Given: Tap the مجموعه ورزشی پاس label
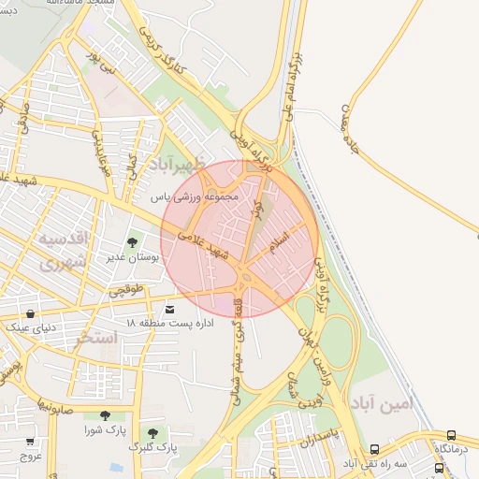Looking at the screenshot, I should click(x=196, y=197).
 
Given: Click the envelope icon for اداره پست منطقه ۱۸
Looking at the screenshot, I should click(x=169, y=309).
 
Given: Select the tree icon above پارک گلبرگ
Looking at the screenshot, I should click(x=152, y=433).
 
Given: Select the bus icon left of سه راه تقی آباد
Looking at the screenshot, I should click(x=375, y=450).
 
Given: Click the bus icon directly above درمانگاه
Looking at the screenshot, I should click(x=452, y=436).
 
